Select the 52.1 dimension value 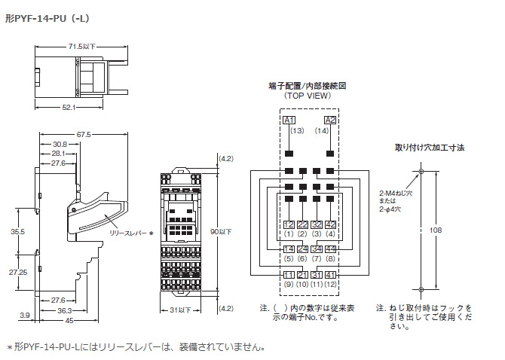(x=69, y=108)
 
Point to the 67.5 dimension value (x=83, y=135)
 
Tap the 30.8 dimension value (x=60, y=144)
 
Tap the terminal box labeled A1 (x=289, y=120)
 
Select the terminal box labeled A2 (x=329, y=120)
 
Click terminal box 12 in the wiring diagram (x=289, y=224)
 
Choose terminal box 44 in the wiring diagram (x=330, y=249)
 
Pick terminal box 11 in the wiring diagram (x=289, y=274)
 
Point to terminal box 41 (x=330, y=274)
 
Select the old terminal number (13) (x=289, y=132)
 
